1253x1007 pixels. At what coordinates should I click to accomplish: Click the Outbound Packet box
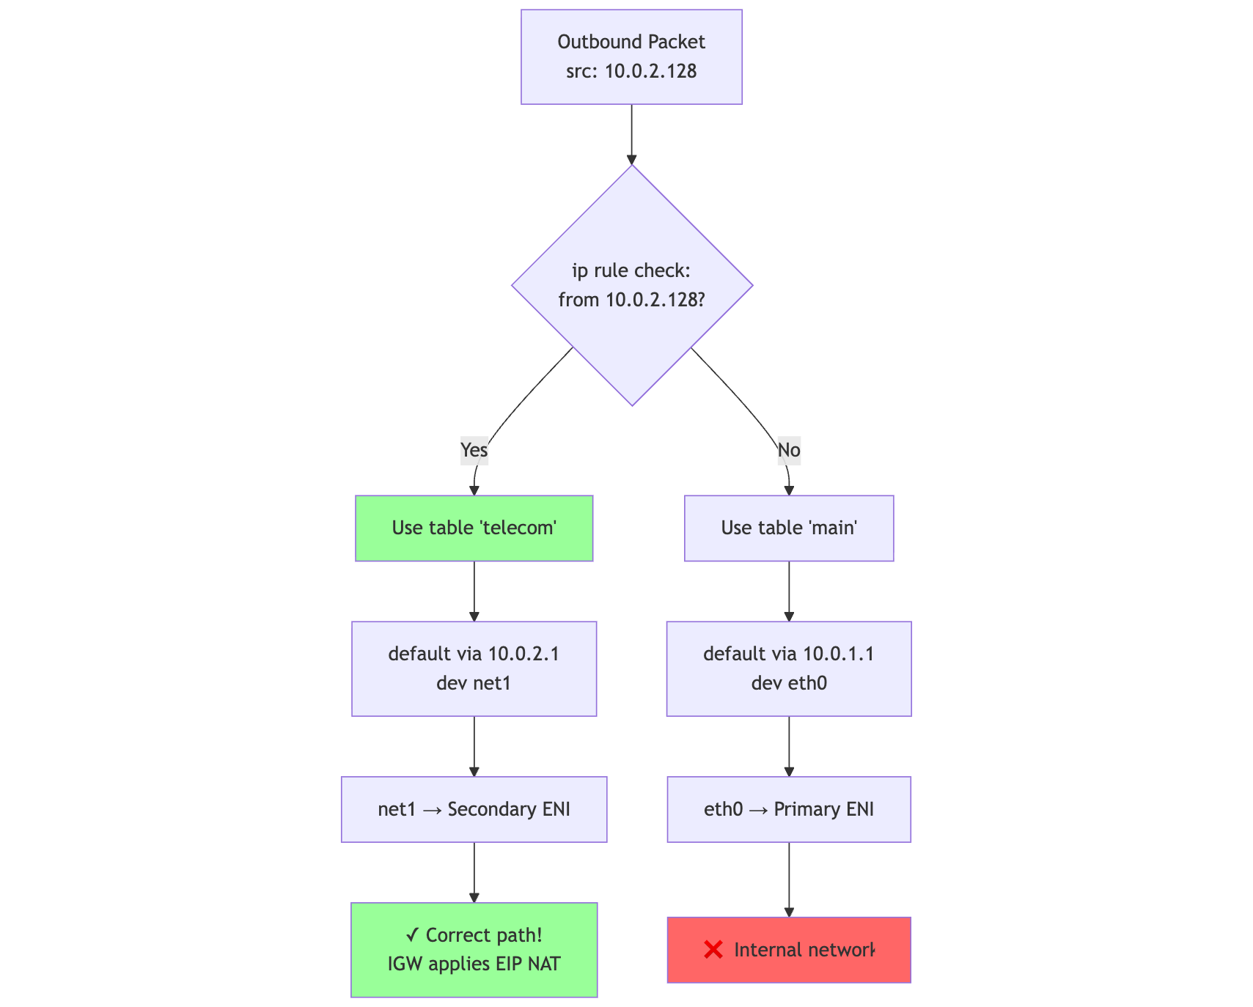[x=631, y=56]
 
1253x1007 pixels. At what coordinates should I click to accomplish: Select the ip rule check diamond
[x=631, y=285]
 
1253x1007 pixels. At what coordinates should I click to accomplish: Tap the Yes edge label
[x=474, y=450]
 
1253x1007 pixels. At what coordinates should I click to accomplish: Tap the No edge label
[x=789, y=450]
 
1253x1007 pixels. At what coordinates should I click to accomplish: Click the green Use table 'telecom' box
[x=474, y=528]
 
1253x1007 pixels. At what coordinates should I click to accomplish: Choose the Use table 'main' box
[x=789, y=528]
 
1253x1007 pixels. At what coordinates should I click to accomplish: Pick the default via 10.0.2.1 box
[x=474, y=668]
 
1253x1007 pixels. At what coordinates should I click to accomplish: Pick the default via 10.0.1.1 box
[x=789, y=668]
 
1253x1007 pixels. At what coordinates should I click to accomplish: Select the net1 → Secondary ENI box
[x=474, y=809]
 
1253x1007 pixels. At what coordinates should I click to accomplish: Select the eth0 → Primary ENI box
[x=789, y=809]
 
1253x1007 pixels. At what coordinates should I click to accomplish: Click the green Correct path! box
[x=474, y=950]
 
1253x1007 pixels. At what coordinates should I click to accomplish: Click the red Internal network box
[x=789, y=950]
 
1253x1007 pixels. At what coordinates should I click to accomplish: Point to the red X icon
[x=713, y=950]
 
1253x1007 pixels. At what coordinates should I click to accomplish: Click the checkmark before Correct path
[x=412, y=935]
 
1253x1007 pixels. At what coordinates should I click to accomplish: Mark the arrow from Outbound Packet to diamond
[x=631, y=134]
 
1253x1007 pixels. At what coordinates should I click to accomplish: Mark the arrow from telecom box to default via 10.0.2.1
[x=474, y=591]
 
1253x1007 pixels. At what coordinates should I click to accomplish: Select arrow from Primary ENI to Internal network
[x=789, y=879]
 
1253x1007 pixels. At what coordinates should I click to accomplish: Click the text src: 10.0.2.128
[x=631, y=72]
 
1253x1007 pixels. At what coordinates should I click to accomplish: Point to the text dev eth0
[x=789, y=684]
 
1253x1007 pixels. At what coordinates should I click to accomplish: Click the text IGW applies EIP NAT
[x=474, y=964]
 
